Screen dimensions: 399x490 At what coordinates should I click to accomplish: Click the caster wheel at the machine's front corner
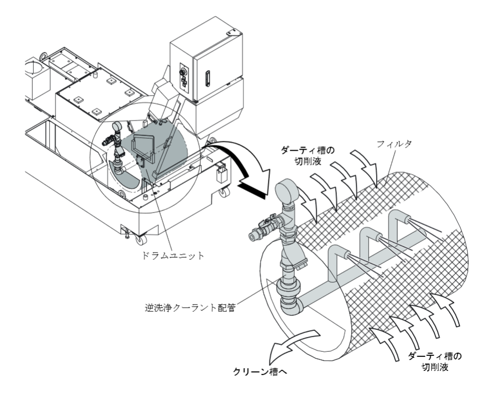[139, 238]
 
